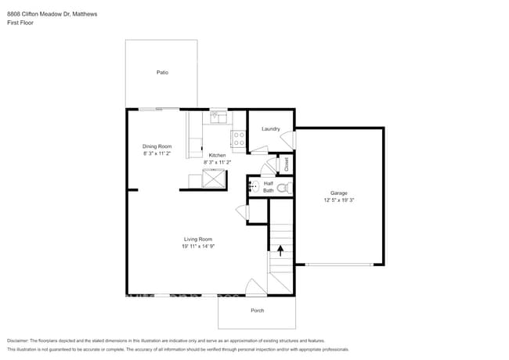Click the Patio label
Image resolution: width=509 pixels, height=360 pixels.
[161, 72]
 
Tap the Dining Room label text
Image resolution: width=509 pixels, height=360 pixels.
[157, 146]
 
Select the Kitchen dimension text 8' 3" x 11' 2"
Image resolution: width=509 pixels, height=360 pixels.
[216, 162]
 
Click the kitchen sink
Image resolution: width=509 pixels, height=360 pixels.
[217, 118]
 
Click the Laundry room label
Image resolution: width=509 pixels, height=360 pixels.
[271, 128]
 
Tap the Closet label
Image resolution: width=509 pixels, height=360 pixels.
[287, 164]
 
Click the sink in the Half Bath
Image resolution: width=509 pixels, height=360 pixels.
[253, 186]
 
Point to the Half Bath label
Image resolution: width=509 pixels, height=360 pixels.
[269, 186]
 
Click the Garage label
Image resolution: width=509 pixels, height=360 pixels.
[338, 193]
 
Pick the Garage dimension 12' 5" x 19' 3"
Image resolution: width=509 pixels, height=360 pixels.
[338, 200]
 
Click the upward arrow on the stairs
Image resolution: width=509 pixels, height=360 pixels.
[280, 250]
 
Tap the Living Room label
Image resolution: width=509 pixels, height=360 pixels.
[198, 239]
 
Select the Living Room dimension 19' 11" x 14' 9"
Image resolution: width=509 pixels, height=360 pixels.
[198, 247]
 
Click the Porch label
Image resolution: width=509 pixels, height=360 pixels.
[257, 311]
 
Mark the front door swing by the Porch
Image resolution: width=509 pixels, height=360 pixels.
[255, 287]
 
